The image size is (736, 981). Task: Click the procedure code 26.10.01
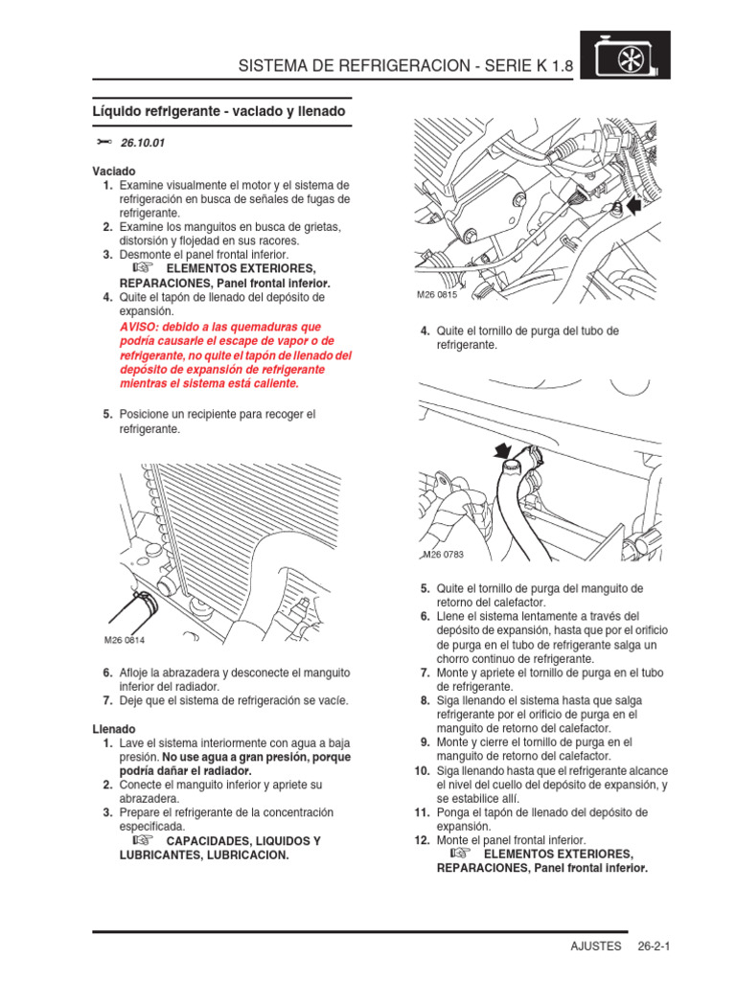coord(143,143)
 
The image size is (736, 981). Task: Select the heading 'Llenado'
coord(113,729)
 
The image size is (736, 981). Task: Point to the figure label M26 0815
coord(437,295)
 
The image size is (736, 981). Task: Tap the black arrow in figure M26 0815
coord(632,204)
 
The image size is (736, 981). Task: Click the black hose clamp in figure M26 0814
coord(143,605)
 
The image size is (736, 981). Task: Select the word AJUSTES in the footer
coord(596,946)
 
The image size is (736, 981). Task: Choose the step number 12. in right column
coord(421,839)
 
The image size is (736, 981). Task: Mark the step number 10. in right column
coord(421,770)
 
